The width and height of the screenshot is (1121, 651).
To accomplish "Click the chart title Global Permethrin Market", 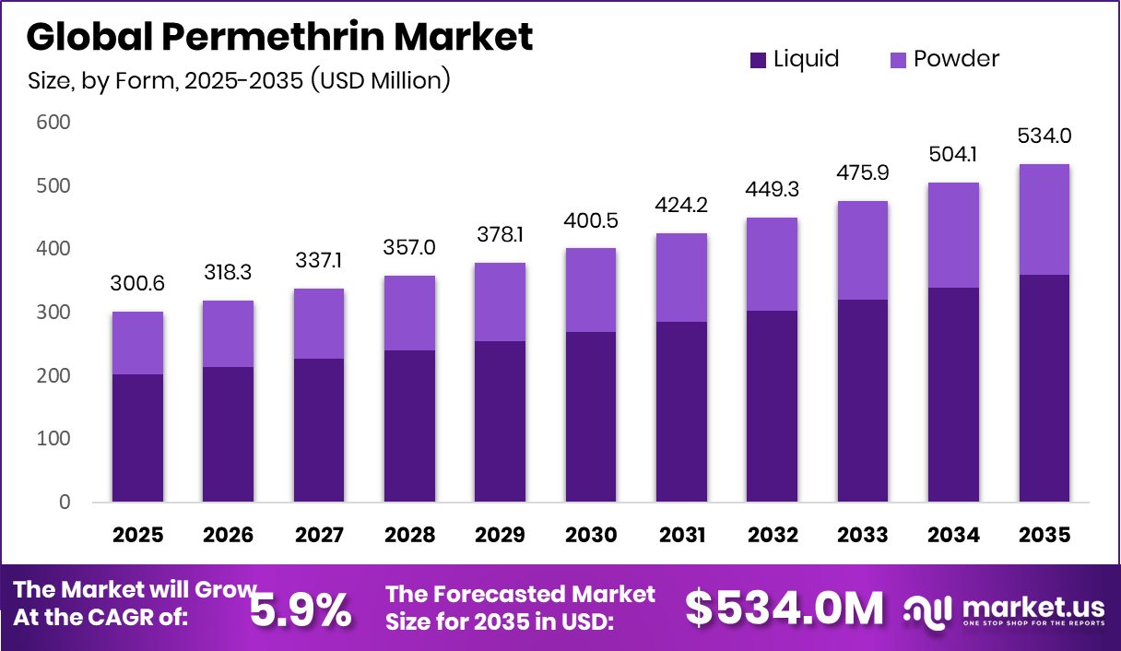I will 280,37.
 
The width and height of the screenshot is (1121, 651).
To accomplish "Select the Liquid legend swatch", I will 759,60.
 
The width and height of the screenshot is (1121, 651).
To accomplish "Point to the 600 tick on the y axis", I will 53,123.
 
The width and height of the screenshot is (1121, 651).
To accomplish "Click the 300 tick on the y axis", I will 53,313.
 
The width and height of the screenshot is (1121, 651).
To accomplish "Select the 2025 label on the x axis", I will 137,535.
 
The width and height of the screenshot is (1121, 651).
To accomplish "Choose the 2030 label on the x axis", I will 591,535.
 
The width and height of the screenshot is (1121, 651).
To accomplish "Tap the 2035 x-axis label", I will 1044,535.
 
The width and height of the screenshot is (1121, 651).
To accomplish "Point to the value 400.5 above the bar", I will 591,223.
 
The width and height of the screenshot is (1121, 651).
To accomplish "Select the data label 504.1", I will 954,158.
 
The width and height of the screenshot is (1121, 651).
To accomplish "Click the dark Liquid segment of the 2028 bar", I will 409,426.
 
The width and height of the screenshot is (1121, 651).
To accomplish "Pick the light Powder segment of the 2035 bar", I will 1044,219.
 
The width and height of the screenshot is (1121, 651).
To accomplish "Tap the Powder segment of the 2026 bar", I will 228,334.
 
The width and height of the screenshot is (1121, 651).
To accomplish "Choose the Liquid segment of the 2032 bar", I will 773,406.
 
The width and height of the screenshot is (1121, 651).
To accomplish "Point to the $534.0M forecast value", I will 784,608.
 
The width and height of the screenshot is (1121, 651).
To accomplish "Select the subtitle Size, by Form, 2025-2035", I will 240,81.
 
